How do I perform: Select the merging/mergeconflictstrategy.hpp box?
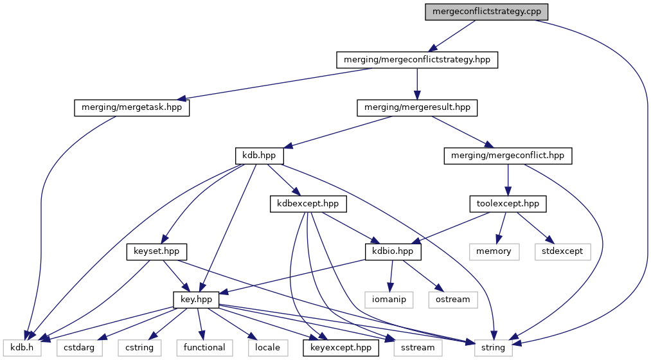(418, 60)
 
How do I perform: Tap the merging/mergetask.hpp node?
(132, 107)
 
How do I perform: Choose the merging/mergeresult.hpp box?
(418, 107)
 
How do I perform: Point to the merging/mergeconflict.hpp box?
(508, 156)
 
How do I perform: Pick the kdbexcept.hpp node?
(308, 204)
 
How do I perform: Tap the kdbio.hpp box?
(393, 251)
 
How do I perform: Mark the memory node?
(494, 251)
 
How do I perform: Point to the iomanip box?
(389, 300)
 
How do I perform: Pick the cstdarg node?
(80, 347)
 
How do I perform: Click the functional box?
(204, 347)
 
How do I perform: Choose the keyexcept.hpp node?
(341, 347)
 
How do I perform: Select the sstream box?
(417, 347)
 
